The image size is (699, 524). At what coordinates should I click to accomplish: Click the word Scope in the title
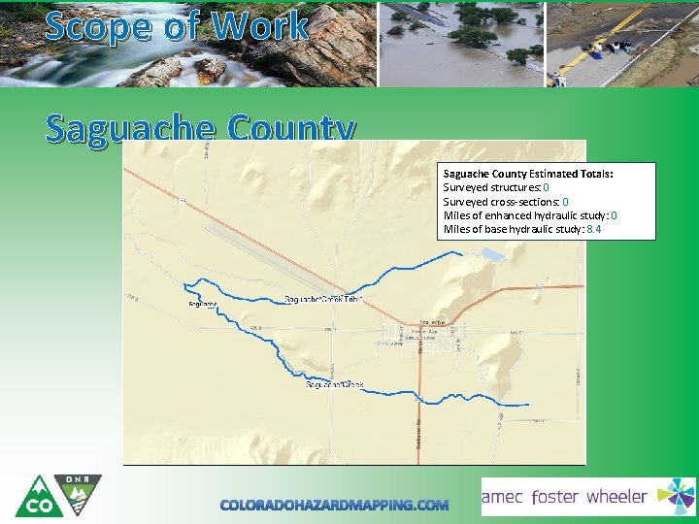[93, 26]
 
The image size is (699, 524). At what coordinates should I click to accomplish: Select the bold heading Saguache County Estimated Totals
[527, 174]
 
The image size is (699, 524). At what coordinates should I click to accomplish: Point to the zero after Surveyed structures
[547, 187]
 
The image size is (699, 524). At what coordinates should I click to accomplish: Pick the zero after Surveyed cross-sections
[566, 202]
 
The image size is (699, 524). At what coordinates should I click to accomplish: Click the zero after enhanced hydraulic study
[615, 215]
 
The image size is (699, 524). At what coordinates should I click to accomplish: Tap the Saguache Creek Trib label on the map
[323, 299]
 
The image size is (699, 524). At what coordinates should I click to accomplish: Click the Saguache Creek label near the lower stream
[335, 385]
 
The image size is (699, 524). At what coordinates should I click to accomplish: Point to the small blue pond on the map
[491, 254]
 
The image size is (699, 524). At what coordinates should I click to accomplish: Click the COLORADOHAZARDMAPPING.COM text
[335, 505]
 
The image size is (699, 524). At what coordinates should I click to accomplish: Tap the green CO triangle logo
[40, 499]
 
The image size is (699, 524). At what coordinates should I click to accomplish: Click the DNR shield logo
[78, 495]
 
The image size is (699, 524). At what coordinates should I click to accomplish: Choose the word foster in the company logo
[554, 497]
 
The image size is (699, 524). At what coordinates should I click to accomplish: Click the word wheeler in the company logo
[616, 497]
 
